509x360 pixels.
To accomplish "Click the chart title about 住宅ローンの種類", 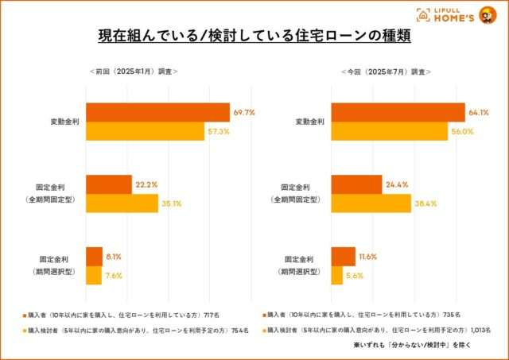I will (x=254, y=37).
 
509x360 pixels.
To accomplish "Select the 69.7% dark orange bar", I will (x=157, y=113).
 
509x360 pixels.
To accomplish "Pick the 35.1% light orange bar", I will (x=122, y=203).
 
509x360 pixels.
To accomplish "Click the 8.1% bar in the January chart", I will (x=94, y=257).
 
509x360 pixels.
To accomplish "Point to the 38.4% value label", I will (x=425, y=203).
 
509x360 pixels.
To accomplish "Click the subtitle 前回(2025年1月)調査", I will (x=134, y=72).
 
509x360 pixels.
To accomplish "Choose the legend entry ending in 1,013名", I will (x=374, y=328).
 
